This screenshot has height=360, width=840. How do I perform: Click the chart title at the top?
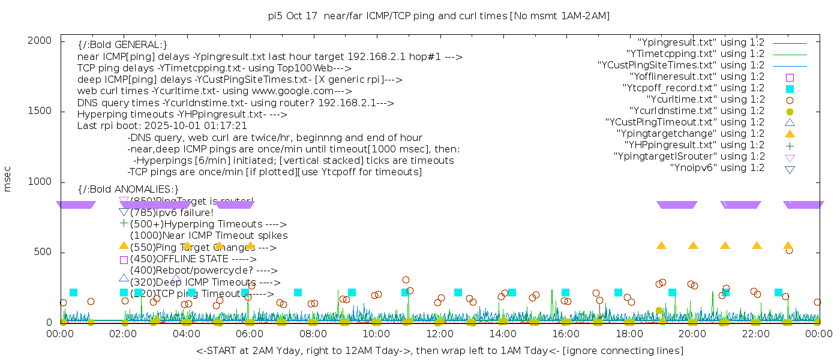(x=439, y=16)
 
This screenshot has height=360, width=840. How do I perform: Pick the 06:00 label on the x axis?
(x=250, y=334)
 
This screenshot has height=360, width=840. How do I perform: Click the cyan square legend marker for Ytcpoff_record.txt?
(x=790, y=88)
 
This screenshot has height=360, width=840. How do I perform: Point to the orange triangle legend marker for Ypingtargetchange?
(x=790, y=133)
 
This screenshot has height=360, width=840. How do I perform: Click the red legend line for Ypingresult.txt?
(x=790, y=43)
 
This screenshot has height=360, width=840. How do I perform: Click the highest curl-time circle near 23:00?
(x=789, y=250)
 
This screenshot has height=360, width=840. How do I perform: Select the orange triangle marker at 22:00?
(x=757, y=245)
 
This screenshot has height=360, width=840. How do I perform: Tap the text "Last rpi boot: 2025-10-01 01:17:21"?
(x=162, y=126)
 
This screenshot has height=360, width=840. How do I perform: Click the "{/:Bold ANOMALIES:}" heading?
(x=128, y=190)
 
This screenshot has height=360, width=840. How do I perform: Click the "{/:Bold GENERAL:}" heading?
(x=122, y=45)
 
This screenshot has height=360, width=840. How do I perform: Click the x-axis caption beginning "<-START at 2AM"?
(x=439, y=350)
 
